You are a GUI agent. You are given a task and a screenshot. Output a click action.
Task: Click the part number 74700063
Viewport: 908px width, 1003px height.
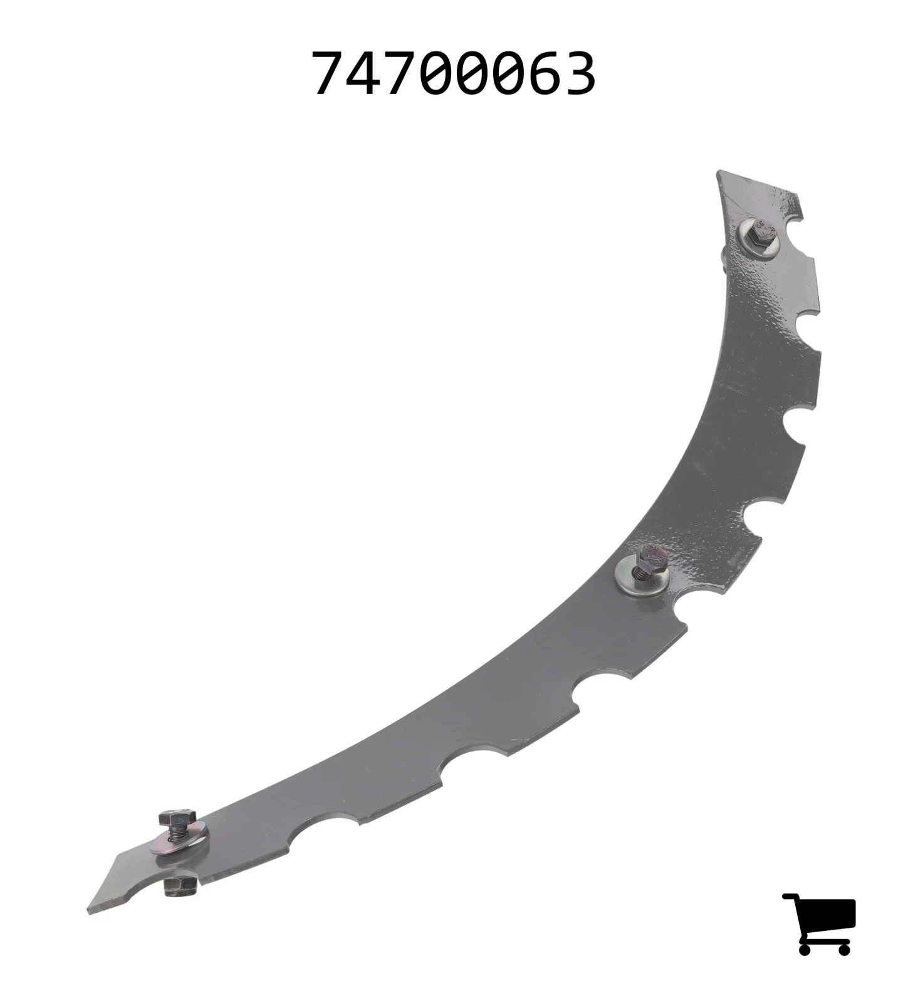click(454, 74)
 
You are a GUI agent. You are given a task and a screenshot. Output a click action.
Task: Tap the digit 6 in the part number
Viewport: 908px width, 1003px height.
click(543, 74)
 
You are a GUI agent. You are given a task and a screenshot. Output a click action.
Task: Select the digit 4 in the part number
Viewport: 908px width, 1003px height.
click(365, 74)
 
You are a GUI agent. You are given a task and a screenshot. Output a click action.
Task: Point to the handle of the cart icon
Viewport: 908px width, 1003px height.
click(791, 898)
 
